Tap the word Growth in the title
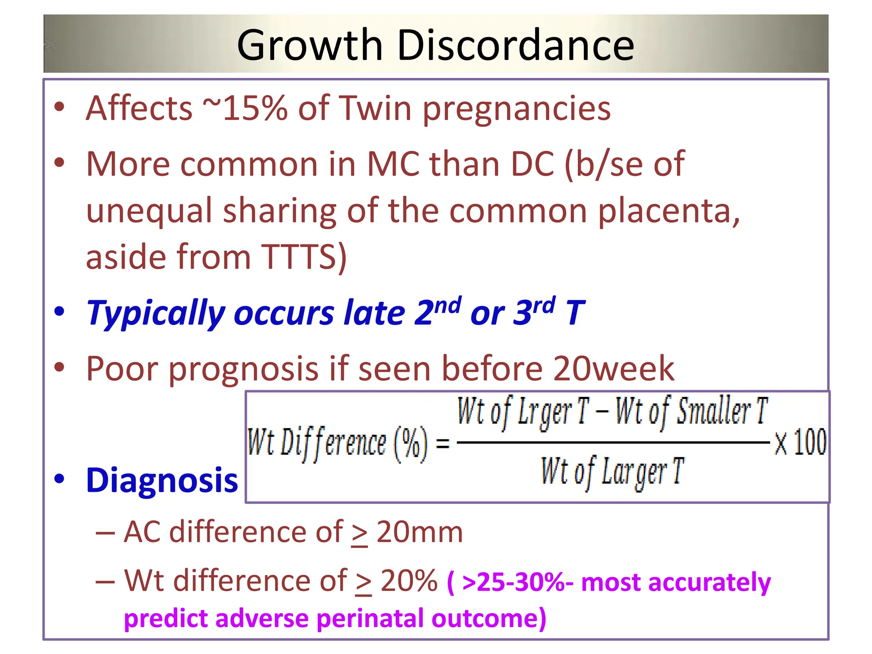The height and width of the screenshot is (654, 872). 310,45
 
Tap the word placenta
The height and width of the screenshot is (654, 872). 668,211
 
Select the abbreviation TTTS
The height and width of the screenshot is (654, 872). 300,257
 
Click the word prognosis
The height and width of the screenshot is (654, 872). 244,369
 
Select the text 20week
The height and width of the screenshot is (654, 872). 613,369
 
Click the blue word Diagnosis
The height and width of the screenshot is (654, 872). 162,480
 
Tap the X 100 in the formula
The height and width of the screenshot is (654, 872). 800,443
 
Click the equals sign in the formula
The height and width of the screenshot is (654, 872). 443,444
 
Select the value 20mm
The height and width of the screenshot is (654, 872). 419,532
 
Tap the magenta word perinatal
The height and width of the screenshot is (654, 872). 370,618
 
